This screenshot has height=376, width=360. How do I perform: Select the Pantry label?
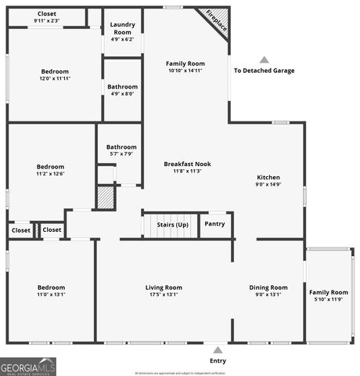click(x=214, y=224)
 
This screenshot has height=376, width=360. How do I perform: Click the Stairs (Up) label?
click(x=172, y=224)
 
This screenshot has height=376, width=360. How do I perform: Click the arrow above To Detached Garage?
click(x=264, y=60)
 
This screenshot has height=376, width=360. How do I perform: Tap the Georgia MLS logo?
click(x=28, y=366)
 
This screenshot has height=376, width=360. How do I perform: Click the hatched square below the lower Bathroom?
click(x=106, y=197)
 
